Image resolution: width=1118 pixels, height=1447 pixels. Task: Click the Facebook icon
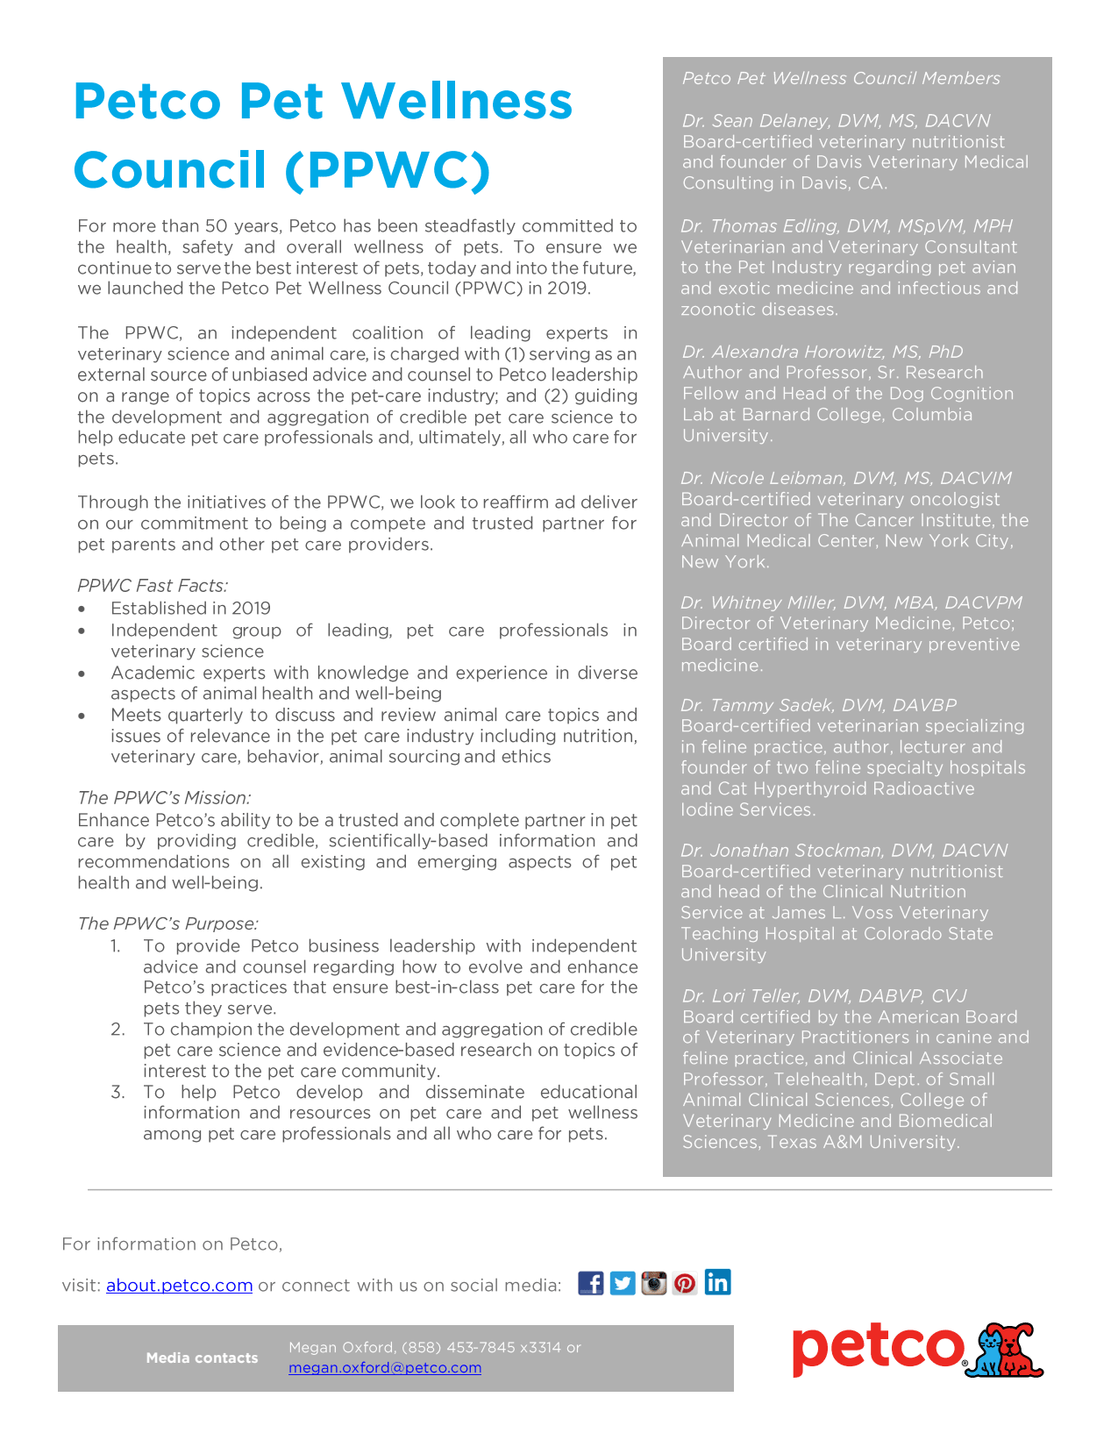(x=591, y=1283)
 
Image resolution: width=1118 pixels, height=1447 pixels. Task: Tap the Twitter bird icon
(x=623, y=1283)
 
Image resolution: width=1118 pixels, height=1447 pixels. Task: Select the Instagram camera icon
(x=654, y=1283)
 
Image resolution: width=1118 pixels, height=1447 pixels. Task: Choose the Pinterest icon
(x=685, y=1283)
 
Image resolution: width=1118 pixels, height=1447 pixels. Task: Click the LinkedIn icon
(x=717, y=1282)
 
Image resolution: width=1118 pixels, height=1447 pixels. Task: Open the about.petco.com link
(x=179, y=1286)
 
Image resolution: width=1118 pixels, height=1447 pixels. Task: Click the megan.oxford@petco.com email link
(x=385, y=1368)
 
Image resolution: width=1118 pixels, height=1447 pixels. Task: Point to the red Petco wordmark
(x=878, y=1350)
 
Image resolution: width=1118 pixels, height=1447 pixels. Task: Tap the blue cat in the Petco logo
(x=991, y=1353)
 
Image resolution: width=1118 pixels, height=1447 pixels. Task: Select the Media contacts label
(x=202, y=1358)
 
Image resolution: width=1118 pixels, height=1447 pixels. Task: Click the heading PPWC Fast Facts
(x=153, y=586)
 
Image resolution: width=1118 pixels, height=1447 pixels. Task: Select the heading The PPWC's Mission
(x=164, y=798)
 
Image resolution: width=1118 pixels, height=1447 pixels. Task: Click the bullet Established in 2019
(x=190, y=609)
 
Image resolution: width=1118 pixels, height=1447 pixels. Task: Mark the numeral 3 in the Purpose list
(x=117, y=1092)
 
